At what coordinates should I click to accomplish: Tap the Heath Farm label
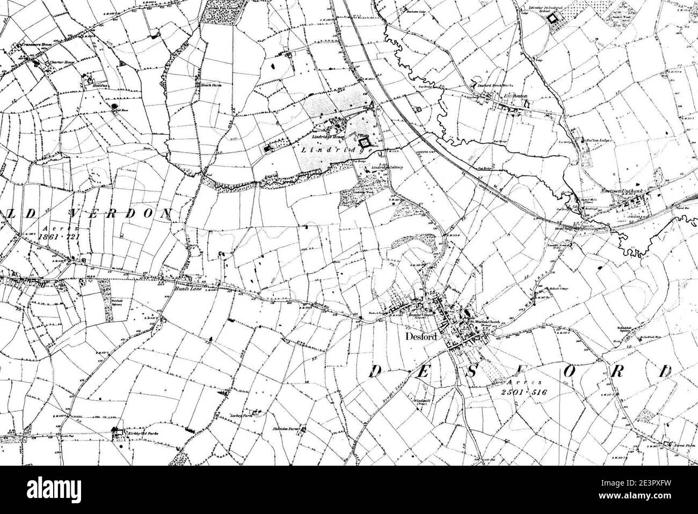(206, 85)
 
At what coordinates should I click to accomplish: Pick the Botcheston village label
(513, 96)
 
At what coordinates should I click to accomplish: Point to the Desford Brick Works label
(492, 85)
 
